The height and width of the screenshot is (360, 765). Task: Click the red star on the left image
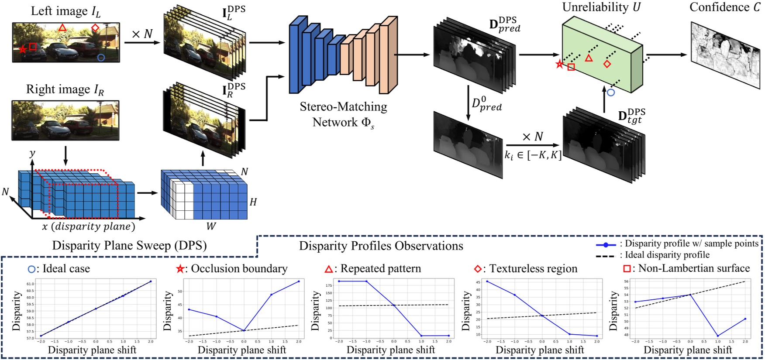22,49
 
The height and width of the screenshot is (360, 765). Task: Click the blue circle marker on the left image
101,58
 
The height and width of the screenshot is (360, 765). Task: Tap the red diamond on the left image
95,28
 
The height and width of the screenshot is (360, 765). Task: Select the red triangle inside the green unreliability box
589,58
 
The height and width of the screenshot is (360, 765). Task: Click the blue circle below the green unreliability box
611,93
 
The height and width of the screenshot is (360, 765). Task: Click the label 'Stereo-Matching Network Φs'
343,114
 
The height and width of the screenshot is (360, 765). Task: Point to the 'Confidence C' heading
724,7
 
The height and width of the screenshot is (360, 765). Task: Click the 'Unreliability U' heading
601,7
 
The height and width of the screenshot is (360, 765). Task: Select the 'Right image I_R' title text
65,89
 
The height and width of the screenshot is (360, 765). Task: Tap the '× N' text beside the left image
142,34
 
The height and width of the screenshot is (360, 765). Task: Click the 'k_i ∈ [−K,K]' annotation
533,154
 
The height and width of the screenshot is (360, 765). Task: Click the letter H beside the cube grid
253,202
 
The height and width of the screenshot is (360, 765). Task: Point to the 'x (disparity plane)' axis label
89,226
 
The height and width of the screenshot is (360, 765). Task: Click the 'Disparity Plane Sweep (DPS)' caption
129,245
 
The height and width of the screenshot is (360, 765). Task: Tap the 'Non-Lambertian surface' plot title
694,268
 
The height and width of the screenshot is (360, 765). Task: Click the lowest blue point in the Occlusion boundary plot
244,330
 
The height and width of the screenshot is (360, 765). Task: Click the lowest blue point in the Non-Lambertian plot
717,336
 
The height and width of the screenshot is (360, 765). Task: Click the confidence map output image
725,55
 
